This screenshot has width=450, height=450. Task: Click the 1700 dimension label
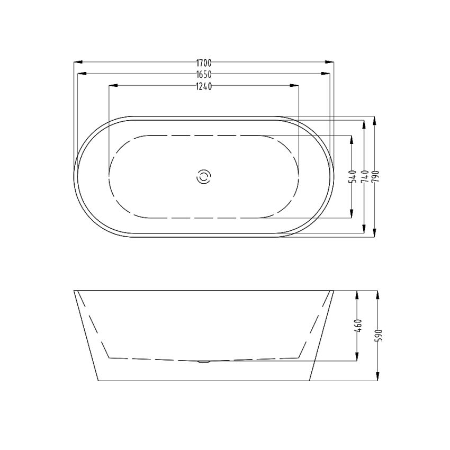(204, 62)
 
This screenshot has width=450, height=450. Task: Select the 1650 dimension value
(204, 75)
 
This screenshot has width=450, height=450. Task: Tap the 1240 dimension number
(204, 87)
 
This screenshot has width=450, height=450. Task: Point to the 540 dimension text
(352, 176)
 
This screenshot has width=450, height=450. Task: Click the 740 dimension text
(364, 176)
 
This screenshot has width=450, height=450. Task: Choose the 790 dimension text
(375, 176)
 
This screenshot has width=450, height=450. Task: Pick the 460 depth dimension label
(358, 325)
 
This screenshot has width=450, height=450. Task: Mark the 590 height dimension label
(378, 335)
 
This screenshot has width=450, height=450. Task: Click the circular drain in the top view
(204, 177)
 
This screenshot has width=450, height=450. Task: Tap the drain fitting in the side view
(204, 362)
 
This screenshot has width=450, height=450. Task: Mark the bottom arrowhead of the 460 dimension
(358, 358)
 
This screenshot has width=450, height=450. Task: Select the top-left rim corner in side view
(74, 291)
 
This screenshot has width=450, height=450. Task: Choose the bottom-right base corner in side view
(309, 381)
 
